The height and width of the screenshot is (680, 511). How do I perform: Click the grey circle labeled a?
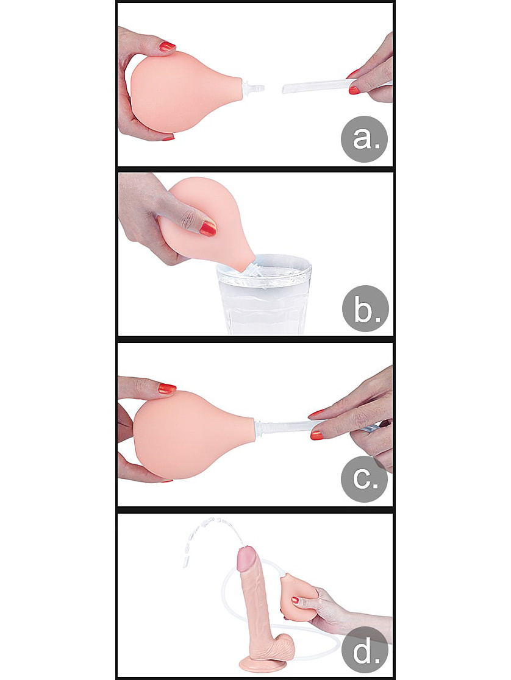(x=364, y=139)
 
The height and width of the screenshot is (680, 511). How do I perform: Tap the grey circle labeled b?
(x=365, y=309)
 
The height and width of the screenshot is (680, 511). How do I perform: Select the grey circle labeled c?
(x=364, y=479)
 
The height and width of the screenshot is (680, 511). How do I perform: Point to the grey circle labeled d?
(x=364, y=649)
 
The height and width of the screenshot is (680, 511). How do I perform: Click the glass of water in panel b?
(x=264, y=294)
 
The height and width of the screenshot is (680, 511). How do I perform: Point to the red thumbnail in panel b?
(x=208, y=228)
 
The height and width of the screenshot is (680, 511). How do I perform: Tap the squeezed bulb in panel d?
(x=300, y=593)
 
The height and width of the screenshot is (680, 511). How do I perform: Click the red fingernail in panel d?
(x=295, y=601)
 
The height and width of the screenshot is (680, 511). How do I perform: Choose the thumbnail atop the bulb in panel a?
(x=166, y=46)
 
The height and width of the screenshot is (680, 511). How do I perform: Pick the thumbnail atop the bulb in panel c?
(x=166, y=388)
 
